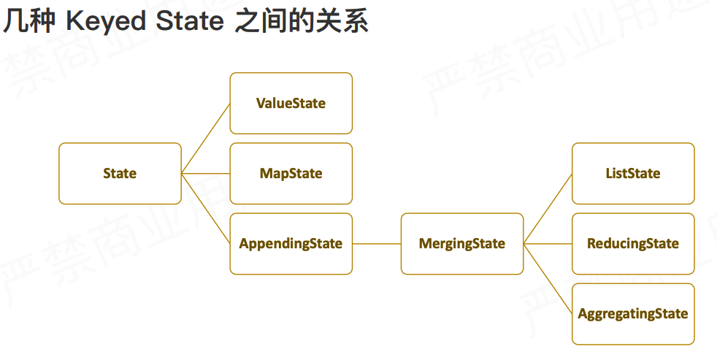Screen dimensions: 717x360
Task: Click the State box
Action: click(x=120, y=174)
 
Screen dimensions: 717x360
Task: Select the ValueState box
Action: click(x=291, y=104)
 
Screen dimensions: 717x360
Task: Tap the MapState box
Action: click(x=291, y=174)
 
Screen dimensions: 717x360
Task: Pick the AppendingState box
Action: click(x=291, y=244)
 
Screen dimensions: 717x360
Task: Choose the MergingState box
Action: click(x=461, y=244)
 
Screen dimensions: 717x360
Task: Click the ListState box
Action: click(x=632, y=174)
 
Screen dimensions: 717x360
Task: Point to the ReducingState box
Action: click(x=632, y=244)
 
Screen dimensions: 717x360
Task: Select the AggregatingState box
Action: click(x=632, y=314)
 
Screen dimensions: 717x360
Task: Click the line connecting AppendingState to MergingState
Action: click(x=376, y=244)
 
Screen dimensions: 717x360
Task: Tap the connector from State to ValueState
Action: click(x=206, y=139)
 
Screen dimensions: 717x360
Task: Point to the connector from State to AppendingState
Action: click(x=206, y=209)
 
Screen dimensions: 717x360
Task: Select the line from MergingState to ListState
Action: click(x=548, y=209)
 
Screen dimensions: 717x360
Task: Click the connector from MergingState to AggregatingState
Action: click(x=548, y=279)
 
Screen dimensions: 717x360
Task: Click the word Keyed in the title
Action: click(x=107, y=21)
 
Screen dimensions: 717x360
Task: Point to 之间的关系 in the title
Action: click(x=301, y=21)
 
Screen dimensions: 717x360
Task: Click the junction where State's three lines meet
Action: click(x=182, y=174)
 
